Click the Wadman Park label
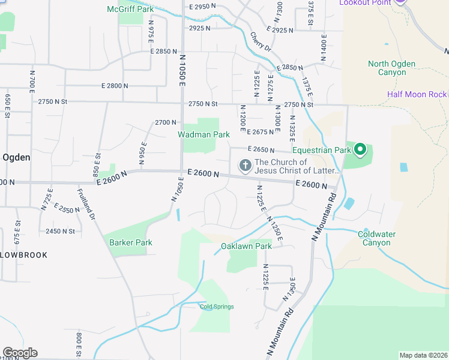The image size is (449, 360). (203, 134)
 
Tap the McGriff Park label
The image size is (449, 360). (130, 9)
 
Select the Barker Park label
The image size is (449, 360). (130, 243)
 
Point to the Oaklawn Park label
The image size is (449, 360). (246, 246)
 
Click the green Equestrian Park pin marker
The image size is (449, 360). (360, 149)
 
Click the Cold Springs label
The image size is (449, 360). (217, 307)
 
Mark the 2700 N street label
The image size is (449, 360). (165, 122)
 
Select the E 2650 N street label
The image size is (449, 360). (260, 150)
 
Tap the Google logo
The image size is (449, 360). (19, 353)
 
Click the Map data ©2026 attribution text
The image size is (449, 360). (423, 355)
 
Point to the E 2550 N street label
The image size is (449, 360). (66, 209)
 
